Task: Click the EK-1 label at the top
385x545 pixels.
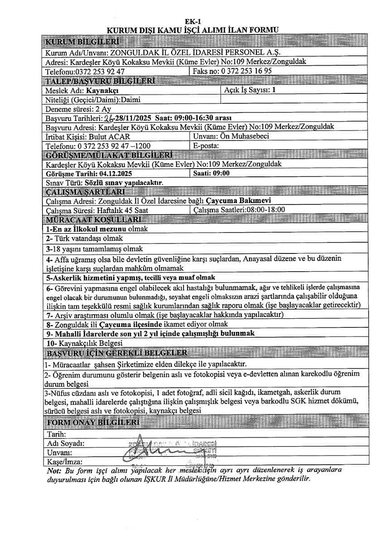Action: (192, 22)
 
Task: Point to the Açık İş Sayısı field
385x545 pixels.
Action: (250, 90)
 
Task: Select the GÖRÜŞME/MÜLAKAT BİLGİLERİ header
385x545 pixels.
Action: (108, 155)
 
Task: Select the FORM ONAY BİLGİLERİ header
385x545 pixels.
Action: (93, 423)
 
